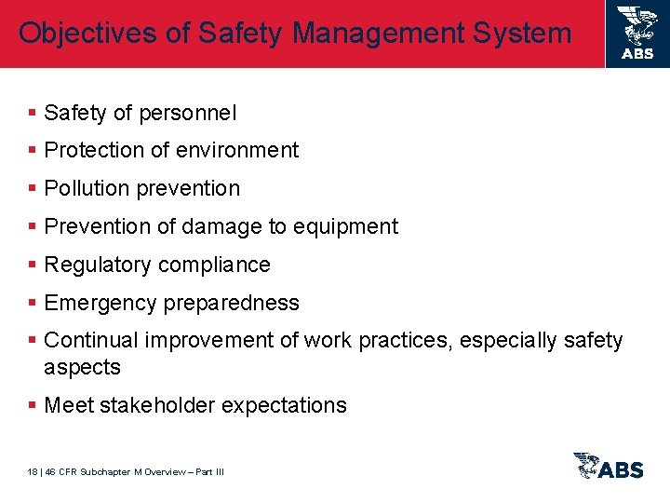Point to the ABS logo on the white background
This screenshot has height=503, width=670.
(x=609, y=466)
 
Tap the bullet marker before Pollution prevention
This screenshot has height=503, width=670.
(x=33, y=188)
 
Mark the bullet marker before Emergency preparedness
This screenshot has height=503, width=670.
(x=33, y=303)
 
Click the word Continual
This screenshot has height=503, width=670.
(x=90, y=341)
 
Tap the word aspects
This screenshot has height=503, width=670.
(x=82, y=367)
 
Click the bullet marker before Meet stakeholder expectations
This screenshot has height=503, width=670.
(x=33, y=405)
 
